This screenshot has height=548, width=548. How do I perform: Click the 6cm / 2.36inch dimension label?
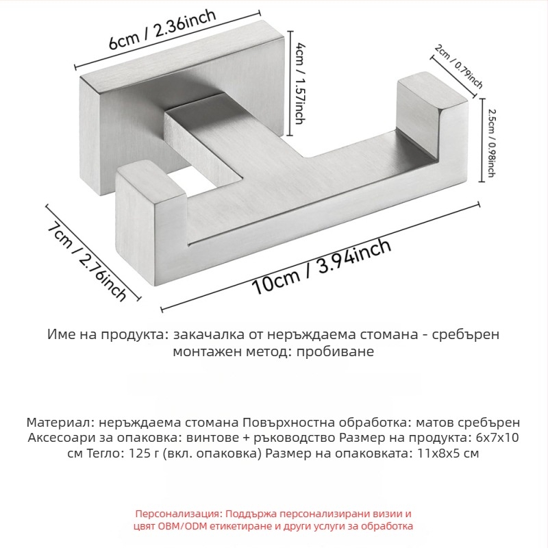point(164,31)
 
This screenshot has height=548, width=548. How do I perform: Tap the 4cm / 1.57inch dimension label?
point(300,81)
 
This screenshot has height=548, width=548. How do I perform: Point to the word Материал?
point(55,423)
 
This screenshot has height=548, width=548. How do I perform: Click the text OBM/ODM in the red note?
point(186,526)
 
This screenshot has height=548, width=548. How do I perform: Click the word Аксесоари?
point(56,438)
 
